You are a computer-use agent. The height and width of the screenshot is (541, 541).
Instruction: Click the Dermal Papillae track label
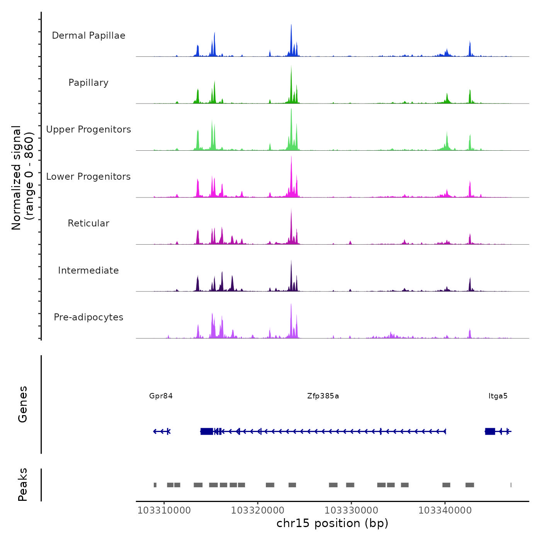point(88,36)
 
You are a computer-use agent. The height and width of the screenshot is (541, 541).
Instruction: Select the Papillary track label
point(88,83)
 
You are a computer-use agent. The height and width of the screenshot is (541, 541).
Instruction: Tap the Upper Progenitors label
point(88,129)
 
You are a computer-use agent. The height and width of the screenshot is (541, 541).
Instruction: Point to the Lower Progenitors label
point(88,177)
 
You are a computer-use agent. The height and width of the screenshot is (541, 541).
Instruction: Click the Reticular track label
point(88,223)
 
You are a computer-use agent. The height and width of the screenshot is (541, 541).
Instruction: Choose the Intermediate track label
point(88,270)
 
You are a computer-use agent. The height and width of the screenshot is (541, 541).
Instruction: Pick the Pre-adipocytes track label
point(88,317)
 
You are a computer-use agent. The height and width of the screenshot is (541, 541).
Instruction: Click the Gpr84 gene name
point(161,396)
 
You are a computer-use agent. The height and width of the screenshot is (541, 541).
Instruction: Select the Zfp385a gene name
point(323,396)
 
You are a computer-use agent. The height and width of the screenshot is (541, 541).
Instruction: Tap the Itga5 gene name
point(498,396)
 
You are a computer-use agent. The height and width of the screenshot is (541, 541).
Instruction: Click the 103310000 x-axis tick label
point(164,510)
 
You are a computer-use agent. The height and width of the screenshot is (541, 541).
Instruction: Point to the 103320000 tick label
point(258,510)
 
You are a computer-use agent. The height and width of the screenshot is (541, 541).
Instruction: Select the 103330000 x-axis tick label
point(351,510)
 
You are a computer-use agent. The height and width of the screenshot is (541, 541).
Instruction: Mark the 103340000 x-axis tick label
point(445,510)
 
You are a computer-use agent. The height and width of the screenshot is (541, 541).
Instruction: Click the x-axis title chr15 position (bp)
point(332,523)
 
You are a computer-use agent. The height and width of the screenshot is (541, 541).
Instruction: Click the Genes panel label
point(23,404)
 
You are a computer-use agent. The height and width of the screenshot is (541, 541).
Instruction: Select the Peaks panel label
point(23,485)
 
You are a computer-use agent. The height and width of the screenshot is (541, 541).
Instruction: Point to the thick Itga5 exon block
point(490,431)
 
